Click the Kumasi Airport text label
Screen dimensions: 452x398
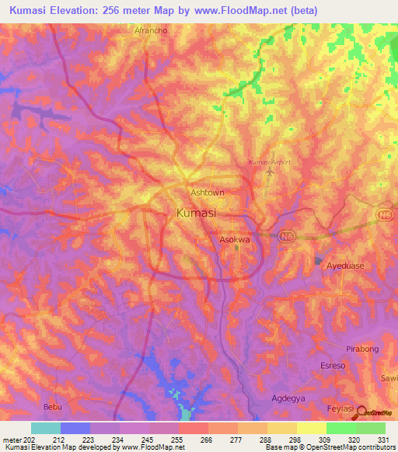269,162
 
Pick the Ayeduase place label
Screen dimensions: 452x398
345,265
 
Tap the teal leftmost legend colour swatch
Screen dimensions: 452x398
46,427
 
